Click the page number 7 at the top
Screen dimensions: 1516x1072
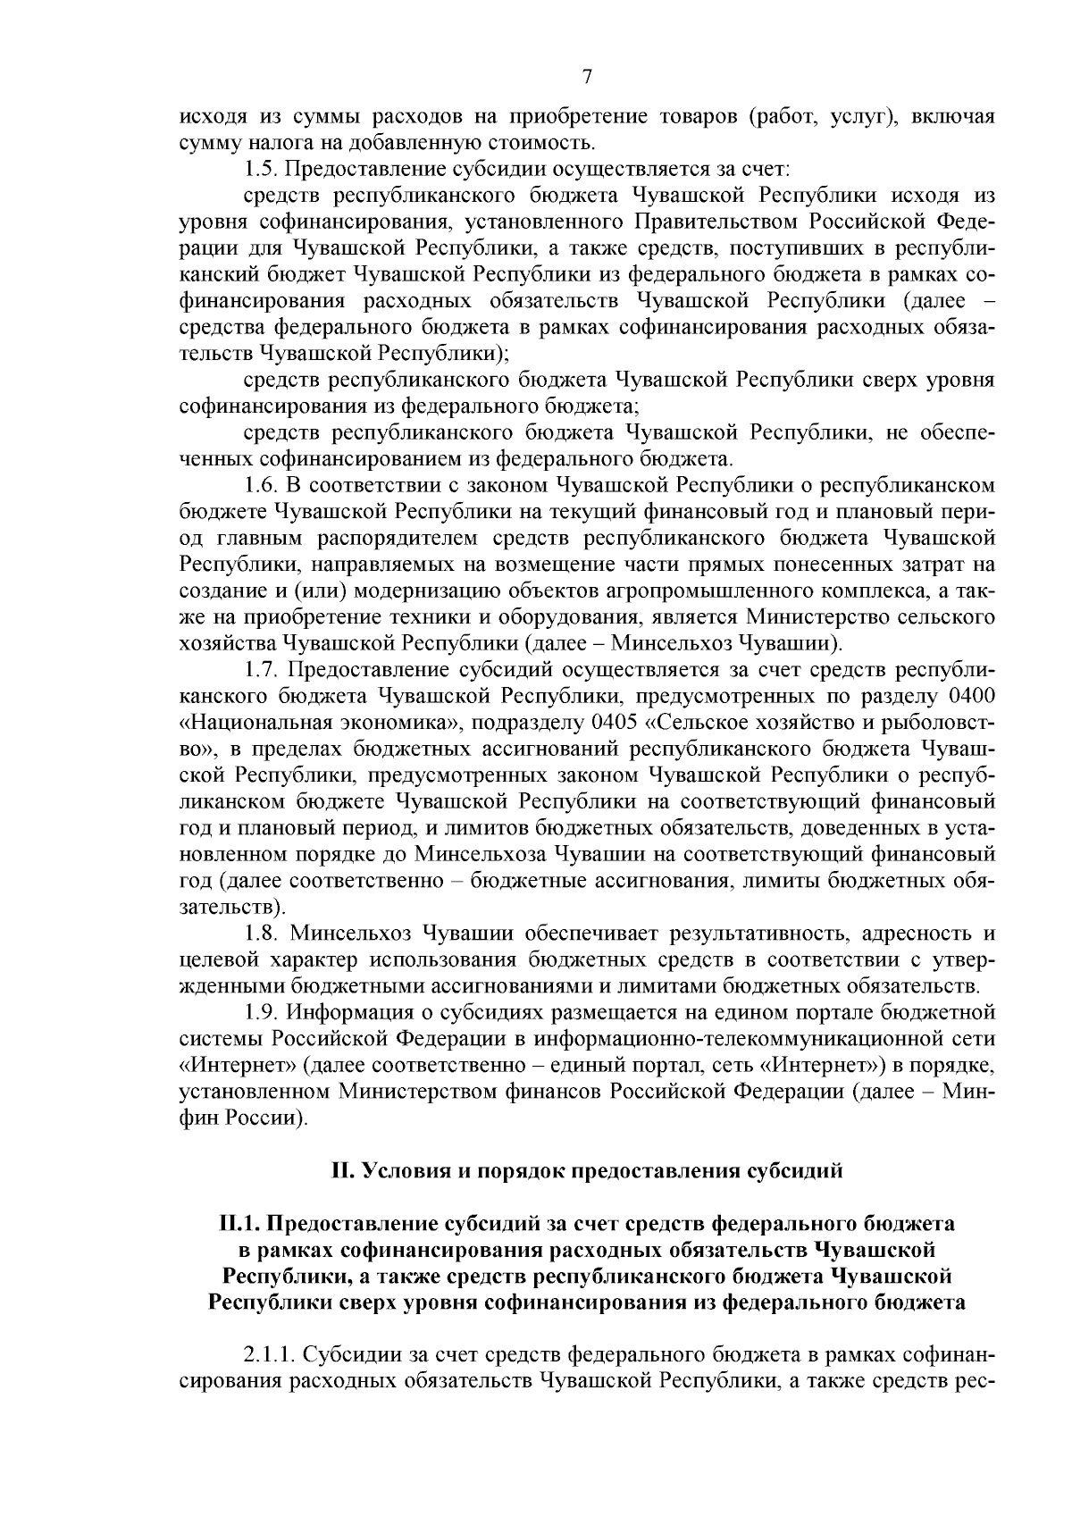click(587, 77)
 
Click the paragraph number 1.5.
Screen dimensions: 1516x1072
click(260, 168)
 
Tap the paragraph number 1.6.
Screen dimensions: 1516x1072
click(261, 485)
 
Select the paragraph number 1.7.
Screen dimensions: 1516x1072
click(261, 669)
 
